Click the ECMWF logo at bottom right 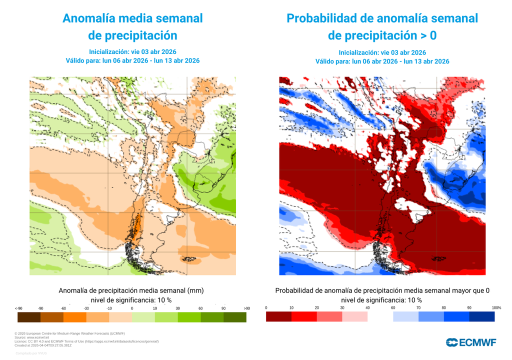point(471,342)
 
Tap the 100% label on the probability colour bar point(496,307)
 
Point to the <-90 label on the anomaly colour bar point(18,308)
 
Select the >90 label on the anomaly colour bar point(246,308)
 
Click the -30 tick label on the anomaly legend point(86,308)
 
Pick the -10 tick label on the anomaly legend point(109,308)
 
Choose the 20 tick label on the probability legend point(316,307)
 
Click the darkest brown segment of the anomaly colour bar point(28,317)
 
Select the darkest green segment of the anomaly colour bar point(234,317)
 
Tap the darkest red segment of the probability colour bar point(278,316)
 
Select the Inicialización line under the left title point(132,51)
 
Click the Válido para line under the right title point(382,61)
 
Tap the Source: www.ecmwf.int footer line point(31,337)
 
